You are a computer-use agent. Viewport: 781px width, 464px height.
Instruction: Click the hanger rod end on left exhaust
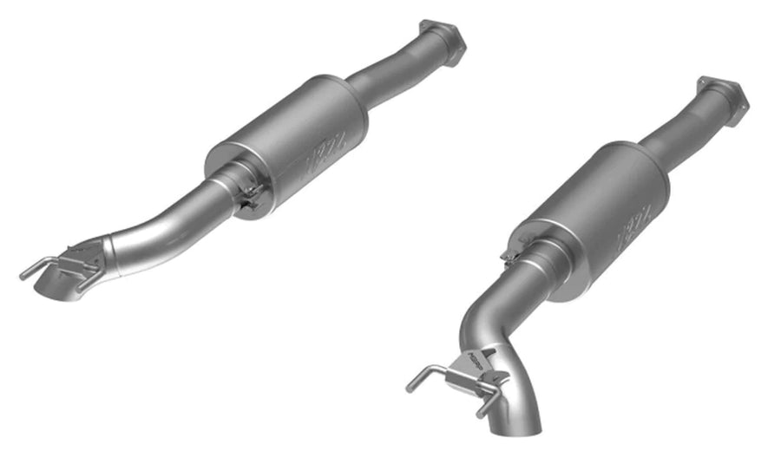24,276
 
